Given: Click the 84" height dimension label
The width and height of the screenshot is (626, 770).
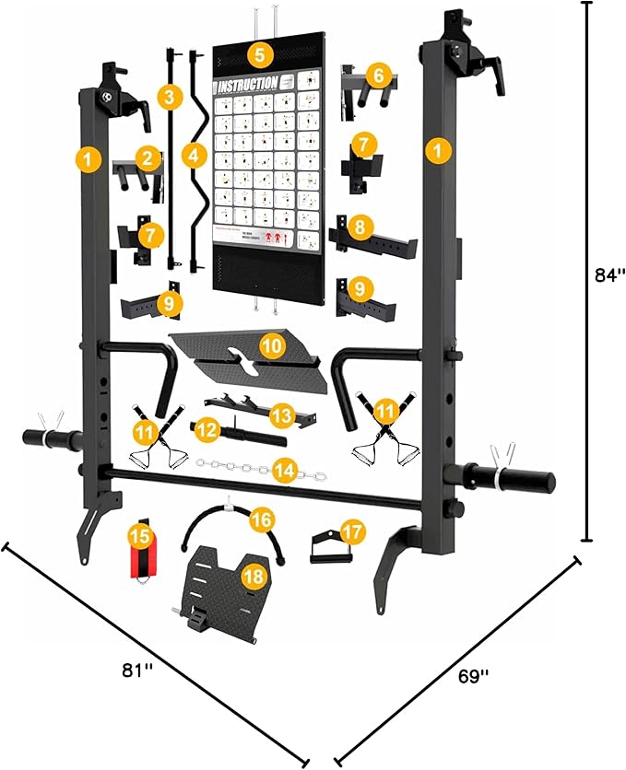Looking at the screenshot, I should (x=609, y=274).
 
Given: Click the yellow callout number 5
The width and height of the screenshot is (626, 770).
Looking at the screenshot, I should (x=260, y=53).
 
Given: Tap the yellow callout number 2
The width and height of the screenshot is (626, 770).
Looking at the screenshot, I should (x=144, y=157).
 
